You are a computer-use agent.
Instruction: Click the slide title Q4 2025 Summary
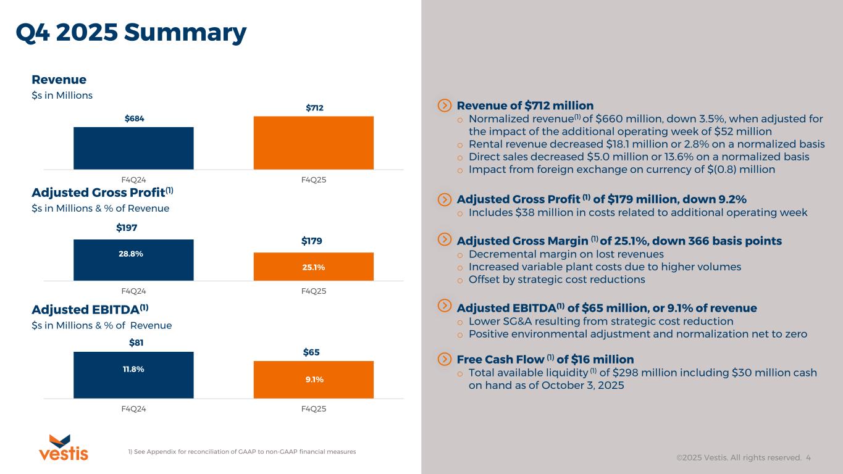click(131, 33)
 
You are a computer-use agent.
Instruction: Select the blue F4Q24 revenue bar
click(133, 148)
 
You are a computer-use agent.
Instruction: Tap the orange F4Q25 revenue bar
click(313, 143)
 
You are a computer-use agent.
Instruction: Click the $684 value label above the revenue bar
click(133, 118)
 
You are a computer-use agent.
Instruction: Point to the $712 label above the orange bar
click(315, 108)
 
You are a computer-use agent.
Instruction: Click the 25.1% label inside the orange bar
click(313, 267)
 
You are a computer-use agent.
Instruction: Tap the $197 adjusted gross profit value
click(127, 228)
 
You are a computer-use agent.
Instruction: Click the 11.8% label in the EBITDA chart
click(133, 369)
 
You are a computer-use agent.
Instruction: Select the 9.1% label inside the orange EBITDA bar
click(314, 380)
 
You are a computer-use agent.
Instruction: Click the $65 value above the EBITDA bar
click(312, 352)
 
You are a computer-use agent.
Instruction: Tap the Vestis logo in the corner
click(64, 448)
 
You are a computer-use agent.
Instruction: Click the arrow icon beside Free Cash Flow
click(444, 359)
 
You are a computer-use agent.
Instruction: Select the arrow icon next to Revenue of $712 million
click(444, 106)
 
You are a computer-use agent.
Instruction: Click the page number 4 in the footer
click(808, 458)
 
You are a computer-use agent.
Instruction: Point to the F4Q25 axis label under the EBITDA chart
click(315, 409)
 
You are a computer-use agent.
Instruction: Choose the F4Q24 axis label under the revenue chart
click(133, 180)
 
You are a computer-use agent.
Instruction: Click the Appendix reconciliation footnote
click(241, 452)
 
